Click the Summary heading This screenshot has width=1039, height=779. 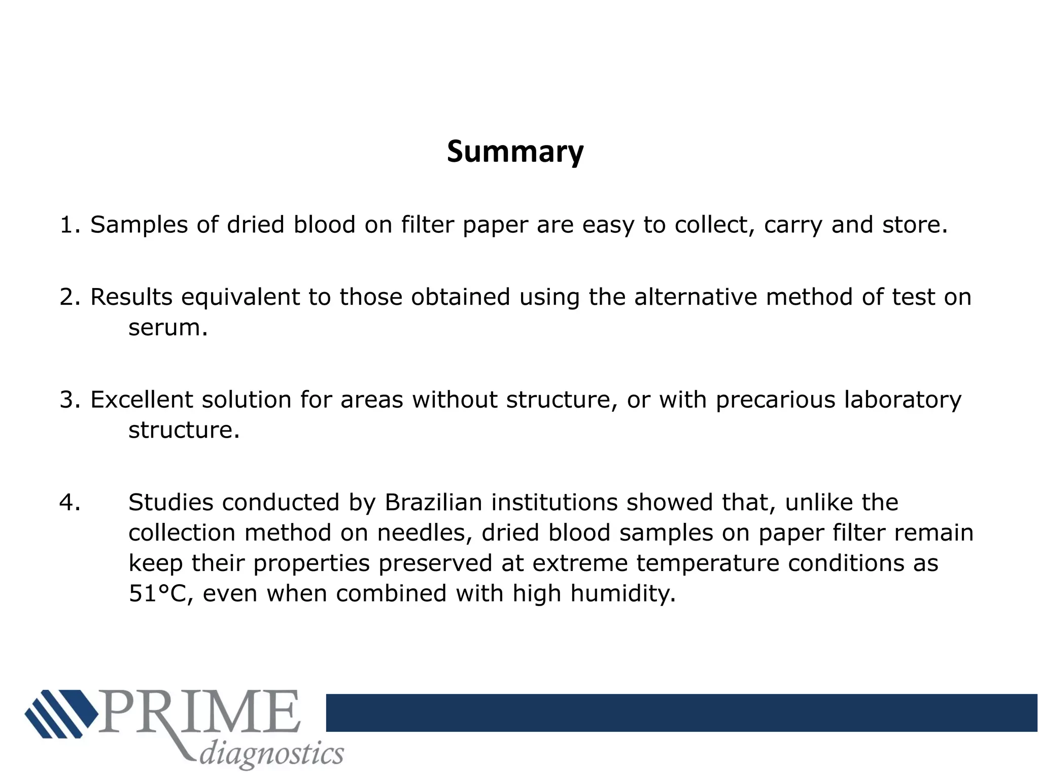515,152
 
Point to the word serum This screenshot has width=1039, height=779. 168,328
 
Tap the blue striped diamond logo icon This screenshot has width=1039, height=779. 61,713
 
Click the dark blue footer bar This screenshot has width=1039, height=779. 681,713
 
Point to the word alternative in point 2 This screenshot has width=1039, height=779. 695,298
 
